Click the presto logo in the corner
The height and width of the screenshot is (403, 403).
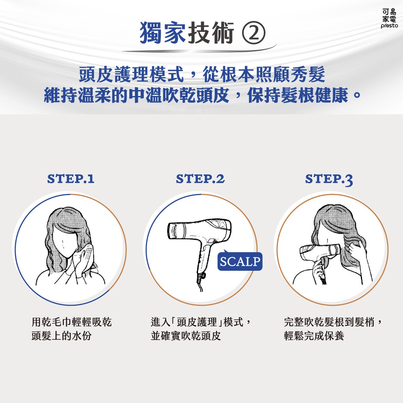(389, 18)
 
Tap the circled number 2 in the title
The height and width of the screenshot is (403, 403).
(253, 33)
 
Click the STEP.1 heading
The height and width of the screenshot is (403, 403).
(71, 179)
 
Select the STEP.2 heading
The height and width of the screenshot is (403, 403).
(200, 179)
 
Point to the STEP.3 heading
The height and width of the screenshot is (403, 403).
(329, 179)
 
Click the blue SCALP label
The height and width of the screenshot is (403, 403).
(240, 261)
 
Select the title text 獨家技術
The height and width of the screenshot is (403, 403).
(187, 33)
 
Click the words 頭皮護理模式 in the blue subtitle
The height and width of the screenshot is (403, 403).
(131, 74)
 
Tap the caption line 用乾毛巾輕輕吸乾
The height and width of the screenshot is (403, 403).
(72, 322)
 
